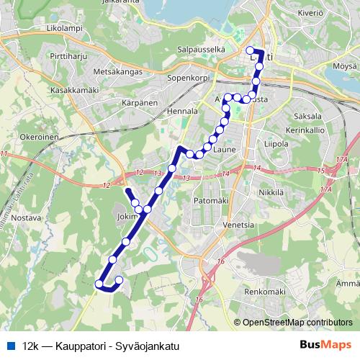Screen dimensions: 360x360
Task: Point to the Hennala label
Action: [182, 112]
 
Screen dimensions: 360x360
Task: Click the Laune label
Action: [224, 150]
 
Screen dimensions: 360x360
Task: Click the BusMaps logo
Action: [325, 346]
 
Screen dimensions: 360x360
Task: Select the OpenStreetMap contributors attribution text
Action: [297, 323]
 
